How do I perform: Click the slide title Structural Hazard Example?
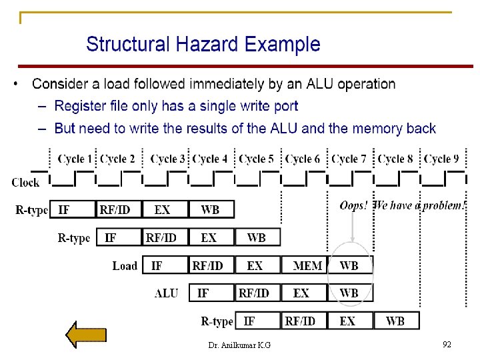203,45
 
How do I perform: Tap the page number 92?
447,344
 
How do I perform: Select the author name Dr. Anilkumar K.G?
239,345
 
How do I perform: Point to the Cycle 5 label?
257,159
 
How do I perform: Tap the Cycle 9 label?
441,159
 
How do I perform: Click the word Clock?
25,182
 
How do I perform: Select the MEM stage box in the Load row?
307,265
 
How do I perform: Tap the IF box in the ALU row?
203,293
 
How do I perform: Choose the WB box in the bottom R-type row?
395,321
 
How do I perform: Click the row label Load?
125,266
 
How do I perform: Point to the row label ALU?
166,293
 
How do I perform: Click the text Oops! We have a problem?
402,205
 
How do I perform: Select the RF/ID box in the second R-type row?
161,237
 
